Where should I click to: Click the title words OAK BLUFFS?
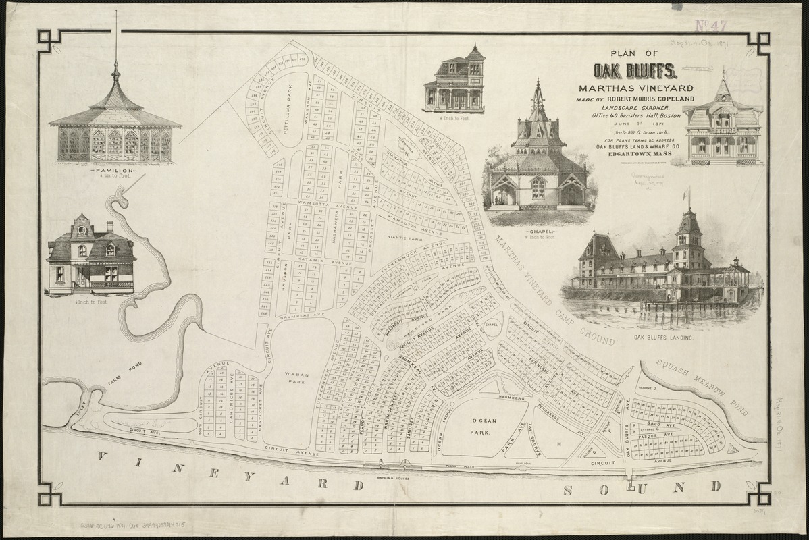[x=635, y=71]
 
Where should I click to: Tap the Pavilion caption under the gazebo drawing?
[x=114, y=171]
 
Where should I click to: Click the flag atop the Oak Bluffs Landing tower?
[x=688, y=194]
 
